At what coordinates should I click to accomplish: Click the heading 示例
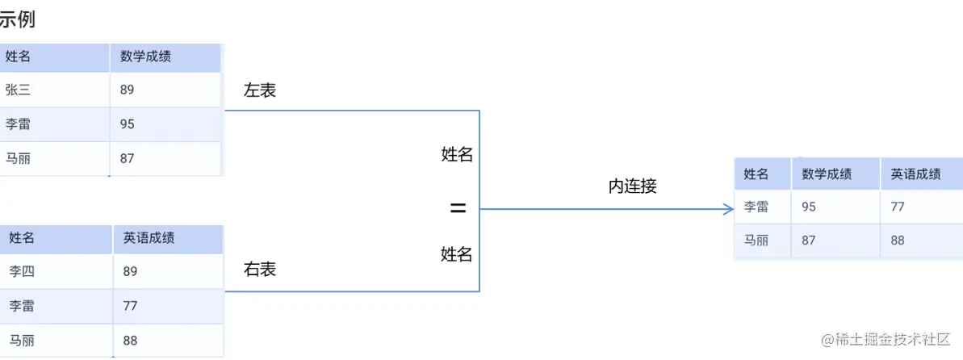[17, 19]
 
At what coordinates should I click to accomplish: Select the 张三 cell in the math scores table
[17, 90]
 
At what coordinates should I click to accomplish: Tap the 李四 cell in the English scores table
[21, 271]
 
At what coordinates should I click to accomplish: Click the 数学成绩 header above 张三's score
[145, 57]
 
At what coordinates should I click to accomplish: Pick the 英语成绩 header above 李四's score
[149, 238]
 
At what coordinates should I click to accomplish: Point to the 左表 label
[260, 90]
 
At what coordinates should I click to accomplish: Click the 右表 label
[260, 270]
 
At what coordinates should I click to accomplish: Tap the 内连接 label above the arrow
[632, 186]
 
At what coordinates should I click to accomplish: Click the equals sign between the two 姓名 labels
[458, 208]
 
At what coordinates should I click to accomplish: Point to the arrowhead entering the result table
[728, 209]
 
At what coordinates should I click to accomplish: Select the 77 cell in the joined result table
[898, 207]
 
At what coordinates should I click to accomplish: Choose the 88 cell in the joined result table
[898, 241]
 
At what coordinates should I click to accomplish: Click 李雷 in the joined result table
[756, 207]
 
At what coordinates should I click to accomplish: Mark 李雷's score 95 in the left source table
[127, 124]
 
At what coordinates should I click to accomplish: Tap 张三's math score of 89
[127, 90]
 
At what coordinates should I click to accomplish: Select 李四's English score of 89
[130, 271]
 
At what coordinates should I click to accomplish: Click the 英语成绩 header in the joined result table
[915, 174]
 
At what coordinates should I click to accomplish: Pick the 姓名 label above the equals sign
[457, 155]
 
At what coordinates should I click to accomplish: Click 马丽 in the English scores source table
[21, 340]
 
